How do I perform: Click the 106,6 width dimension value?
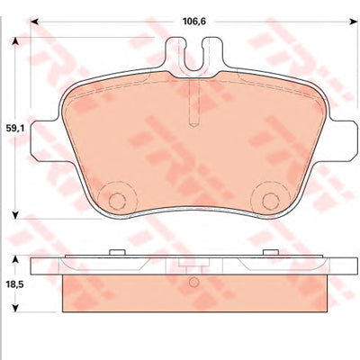(x=194, y=22)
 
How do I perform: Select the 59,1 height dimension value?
(x=16, y=129)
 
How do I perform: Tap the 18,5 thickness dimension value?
(x=16, y=283)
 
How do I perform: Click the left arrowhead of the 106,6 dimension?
(x=34, y=22)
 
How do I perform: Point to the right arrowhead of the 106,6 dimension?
(x=351, y=22)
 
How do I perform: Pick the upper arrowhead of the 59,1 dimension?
(x=15, y=41)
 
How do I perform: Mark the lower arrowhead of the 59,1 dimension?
(x=15, y=215)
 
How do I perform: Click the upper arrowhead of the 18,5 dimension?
(x=15, y=259)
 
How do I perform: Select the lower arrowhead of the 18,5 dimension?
(x=15, y=308)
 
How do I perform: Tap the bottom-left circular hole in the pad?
(x=117, y=201)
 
